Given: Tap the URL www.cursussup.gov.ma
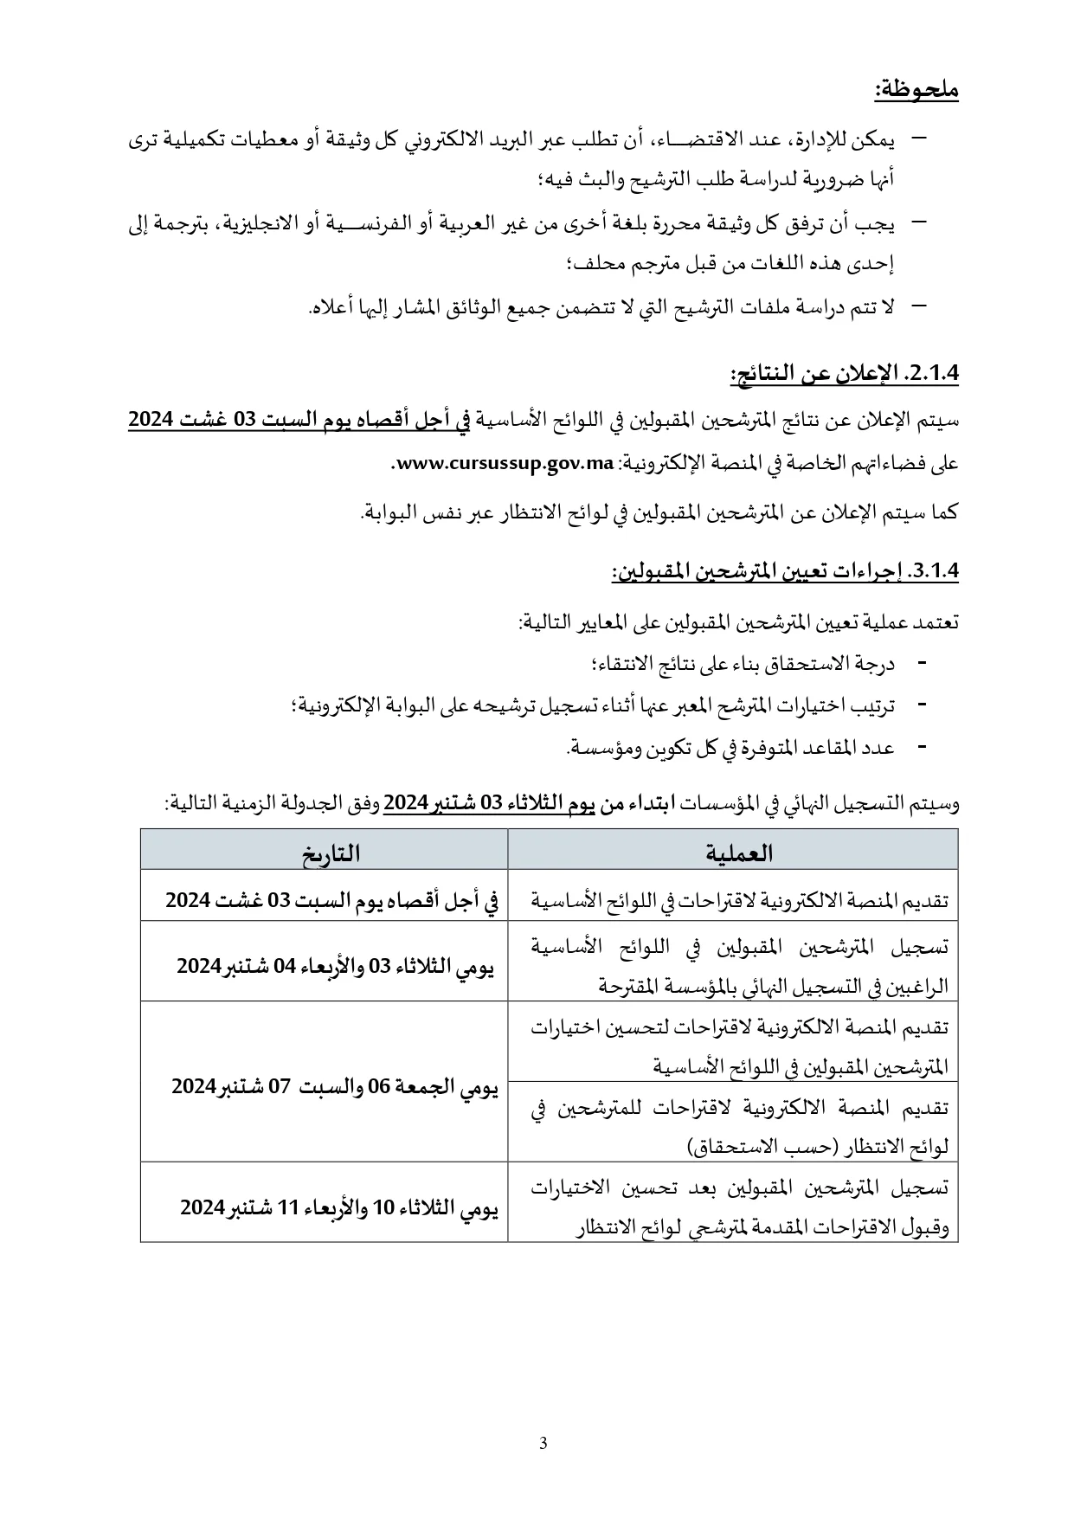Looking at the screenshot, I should (x=505, y=464).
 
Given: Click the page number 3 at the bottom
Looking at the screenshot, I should (x=543, y=1443).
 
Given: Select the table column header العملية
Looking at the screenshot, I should (x=732, y=853).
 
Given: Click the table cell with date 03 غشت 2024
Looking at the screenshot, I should (x=332, y=900).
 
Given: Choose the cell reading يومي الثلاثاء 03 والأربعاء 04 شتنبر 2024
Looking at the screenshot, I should (x=336, y=966).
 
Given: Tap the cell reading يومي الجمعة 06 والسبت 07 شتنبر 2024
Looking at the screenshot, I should (x=335, y=1087).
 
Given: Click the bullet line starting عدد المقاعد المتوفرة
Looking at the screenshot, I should (x=730, y=747).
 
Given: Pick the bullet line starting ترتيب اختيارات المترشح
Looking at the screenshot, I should (x=594, y=705).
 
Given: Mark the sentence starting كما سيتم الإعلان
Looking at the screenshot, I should (x=659, y=512).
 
